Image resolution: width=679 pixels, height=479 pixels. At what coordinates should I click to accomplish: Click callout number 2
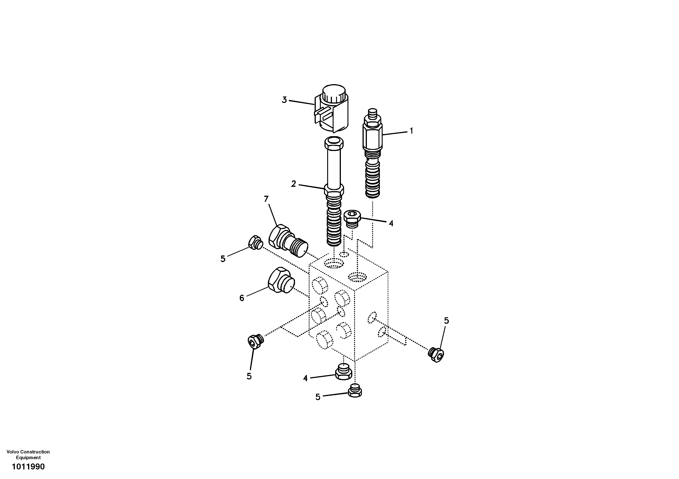[x=293, y=184]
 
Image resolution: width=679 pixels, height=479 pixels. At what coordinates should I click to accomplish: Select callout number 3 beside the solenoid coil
[x=284, y=100]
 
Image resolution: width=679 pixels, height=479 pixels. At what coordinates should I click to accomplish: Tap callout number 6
[x=242, y=298]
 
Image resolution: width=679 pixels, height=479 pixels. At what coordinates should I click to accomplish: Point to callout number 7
[x=266, y=199]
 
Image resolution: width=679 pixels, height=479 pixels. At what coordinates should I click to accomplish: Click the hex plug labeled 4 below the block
[x=343, y=372]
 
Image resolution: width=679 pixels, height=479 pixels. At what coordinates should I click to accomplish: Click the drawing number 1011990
[x=28, y=467]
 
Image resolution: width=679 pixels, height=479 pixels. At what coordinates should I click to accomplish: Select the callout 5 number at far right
[x=446, y=320]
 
